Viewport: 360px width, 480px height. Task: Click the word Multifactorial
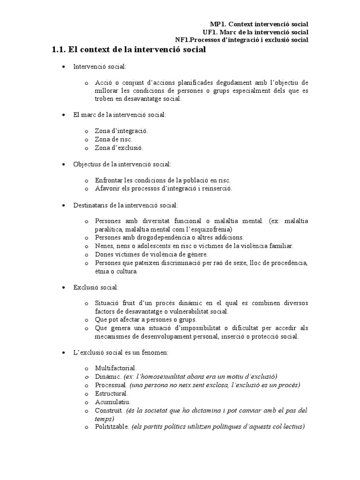click(116, 368)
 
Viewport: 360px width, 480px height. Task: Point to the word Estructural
click(111, 393)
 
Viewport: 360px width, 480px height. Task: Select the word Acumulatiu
click(112, 402)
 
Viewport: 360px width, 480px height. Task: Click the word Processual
click(111, 385)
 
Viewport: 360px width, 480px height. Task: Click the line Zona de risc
click(113, 139)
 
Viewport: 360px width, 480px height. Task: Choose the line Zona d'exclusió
click(119, 147)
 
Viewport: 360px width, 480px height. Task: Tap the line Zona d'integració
click(121, 131)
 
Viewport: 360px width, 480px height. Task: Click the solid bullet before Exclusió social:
click(64, 287)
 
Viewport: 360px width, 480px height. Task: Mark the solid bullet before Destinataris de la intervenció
click(64, 205)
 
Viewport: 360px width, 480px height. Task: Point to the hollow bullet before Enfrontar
click(87, 180)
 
